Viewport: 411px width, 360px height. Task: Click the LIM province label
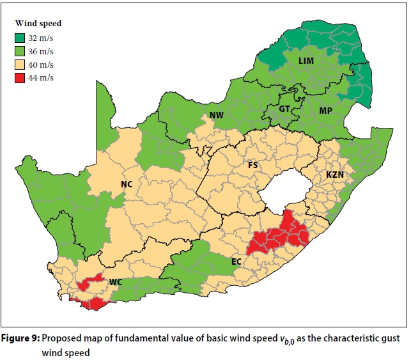[x=307, y=59]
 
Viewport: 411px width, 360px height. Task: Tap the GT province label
[x=284, y=109]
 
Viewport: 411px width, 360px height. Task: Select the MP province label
[x=325, y=111]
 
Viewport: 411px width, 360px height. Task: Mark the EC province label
[x=237, y=261]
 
